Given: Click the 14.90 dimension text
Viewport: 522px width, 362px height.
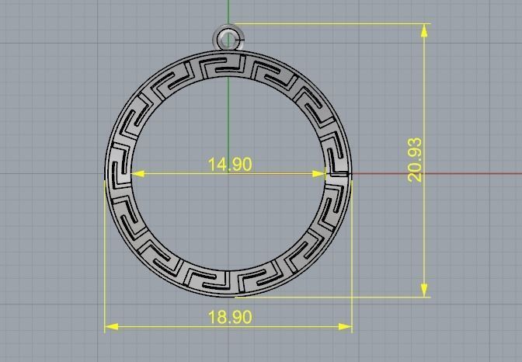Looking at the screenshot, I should (x=229, y=164).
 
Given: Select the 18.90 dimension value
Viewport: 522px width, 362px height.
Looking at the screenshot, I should (x=229, y=317).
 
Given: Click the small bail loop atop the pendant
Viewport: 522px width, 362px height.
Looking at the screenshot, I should (x=227, y=37).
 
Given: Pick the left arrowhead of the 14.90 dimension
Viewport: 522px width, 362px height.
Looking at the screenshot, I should (x=137, y=173).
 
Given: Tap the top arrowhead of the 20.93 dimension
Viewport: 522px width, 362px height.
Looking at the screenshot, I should (x=424, y=30).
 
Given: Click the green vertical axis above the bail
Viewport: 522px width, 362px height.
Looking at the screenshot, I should (x=228, y=12).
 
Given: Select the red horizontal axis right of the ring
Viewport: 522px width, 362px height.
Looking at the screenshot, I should (x=435, y=173).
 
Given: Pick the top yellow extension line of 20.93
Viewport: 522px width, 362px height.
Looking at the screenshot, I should (x=326, y=23).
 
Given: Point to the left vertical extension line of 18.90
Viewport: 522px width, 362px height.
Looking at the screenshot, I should (x=105, y=256).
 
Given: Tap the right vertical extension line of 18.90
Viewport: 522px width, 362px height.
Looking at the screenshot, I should (x=352, y=256).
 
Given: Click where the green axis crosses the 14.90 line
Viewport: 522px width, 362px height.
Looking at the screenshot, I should (x=228, y=173).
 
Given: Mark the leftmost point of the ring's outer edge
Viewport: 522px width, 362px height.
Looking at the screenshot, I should (x=106, y=172).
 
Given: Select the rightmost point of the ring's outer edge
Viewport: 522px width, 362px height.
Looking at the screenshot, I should (x=351, y=172).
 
